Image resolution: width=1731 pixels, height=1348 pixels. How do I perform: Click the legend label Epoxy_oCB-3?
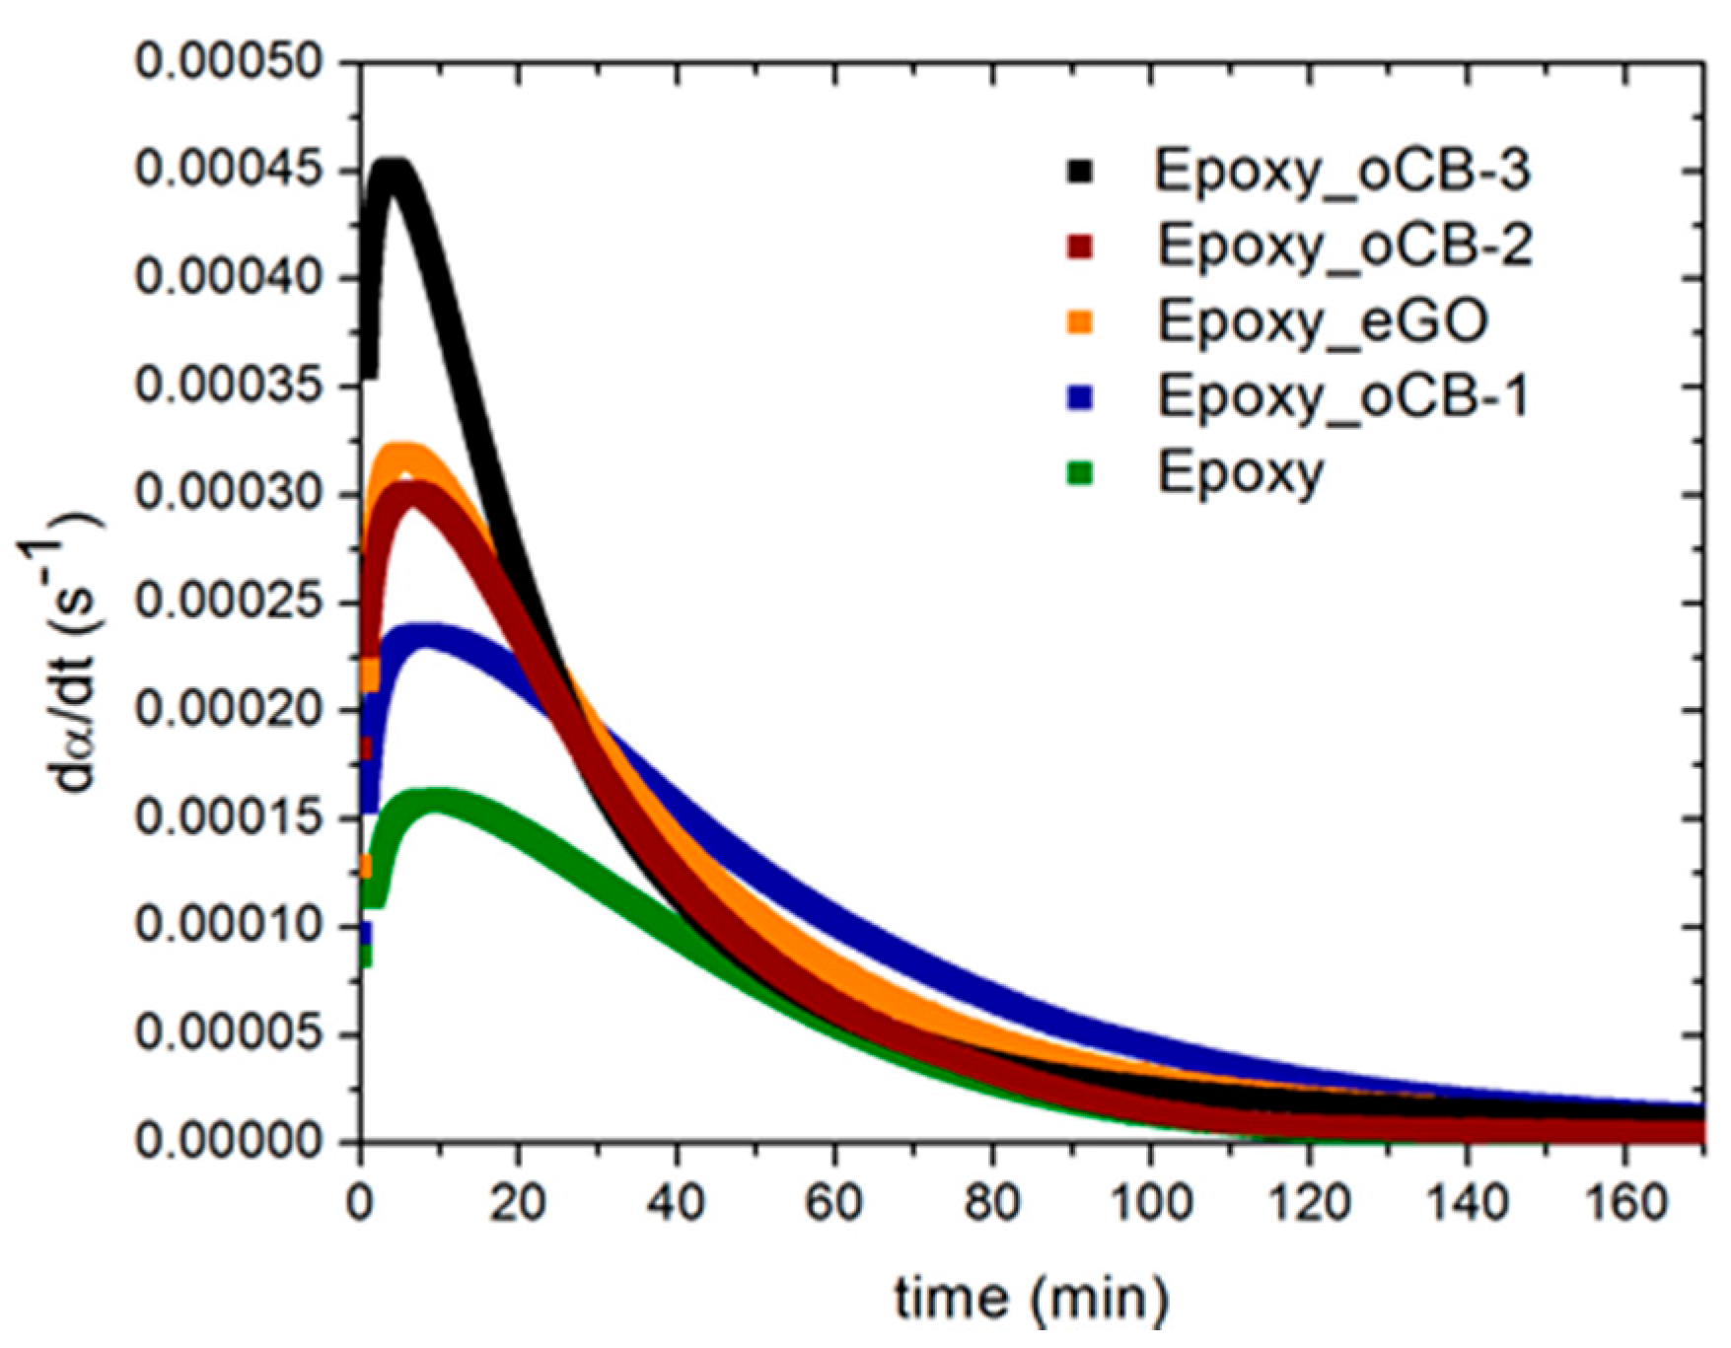tap(1342, 172)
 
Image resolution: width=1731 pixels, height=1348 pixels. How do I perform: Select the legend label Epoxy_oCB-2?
tap(1344, 247)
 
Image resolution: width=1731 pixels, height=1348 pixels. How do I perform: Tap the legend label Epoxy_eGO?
tap(1323, 321)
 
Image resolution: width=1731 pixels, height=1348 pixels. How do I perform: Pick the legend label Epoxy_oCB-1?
tap(1342, 396)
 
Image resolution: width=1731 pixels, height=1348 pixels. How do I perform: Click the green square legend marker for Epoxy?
tap(1081, 473)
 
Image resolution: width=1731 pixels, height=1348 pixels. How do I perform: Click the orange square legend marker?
tap(1081, 321)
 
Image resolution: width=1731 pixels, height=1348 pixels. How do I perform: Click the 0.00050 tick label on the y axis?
tap(229, 63)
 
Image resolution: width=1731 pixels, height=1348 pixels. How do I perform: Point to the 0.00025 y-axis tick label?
tap(229, 603)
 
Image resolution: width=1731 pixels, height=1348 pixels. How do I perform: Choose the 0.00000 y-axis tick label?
tap(229, 1142)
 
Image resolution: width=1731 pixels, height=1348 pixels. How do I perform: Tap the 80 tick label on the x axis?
tap(993, 1203)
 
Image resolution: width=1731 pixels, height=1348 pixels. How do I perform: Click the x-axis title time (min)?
tap(1031, 1299)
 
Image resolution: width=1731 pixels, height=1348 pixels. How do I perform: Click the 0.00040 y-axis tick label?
tap(229, 279)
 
